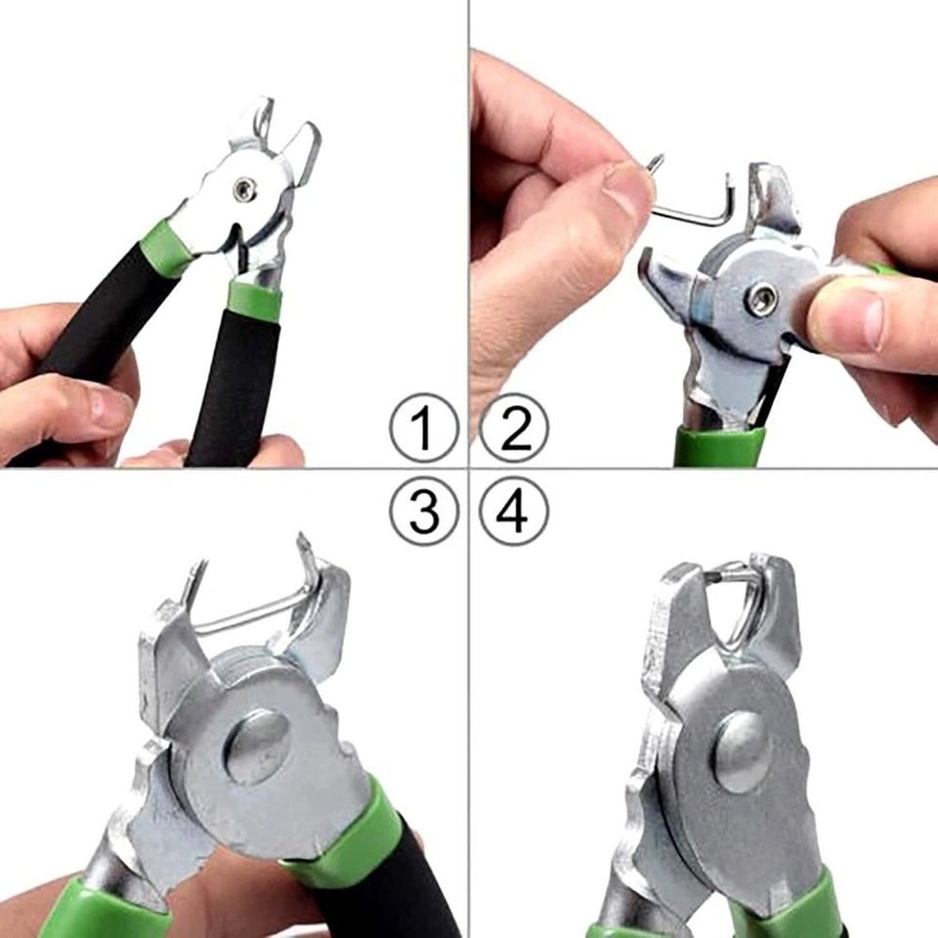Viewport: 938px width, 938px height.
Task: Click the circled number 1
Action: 423,428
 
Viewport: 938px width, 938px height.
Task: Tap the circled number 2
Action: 514,428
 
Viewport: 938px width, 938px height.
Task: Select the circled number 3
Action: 423,511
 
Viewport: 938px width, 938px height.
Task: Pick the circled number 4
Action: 514,511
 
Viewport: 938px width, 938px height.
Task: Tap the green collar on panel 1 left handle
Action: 165,249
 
